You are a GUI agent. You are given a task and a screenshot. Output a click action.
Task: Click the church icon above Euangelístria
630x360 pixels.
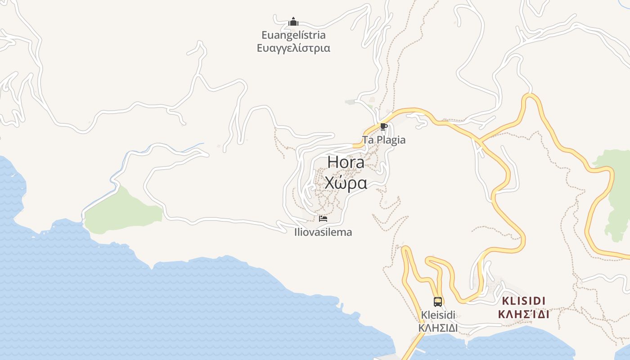point(293,22)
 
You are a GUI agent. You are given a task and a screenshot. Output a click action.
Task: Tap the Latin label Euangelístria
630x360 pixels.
point(293,35)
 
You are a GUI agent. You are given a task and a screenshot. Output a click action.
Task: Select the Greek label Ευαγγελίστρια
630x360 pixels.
point(293,48)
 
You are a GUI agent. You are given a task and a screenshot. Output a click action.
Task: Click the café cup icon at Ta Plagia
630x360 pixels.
point(383,127)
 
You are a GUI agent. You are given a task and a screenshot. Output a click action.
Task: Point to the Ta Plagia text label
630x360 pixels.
point(384,140)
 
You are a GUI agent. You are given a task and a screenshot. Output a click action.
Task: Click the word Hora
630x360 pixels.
point(346,162)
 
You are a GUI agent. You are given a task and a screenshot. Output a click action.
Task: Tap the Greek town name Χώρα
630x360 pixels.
point(346,183)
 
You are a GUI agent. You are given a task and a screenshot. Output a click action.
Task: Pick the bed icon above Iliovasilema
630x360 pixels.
point(323,219)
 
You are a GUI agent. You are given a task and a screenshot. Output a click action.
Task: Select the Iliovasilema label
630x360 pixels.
point(323,233)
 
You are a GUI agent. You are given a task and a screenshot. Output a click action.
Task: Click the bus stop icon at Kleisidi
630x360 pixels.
point(437,301)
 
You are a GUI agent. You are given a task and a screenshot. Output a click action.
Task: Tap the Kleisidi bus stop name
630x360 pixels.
point(438,315)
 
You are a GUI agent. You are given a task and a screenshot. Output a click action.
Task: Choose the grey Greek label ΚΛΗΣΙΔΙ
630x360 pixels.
point(438,328)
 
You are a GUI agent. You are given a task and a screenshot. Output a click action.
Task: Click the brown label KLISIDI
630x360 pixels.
point(524,301)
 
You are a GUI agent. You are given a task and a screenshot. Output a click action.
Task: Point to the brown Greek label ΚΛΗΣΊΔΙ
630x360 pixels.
point(524,314)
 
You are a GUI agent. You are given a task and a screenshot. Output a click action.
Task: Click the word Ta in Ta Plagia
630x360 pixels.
point(368,140)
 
